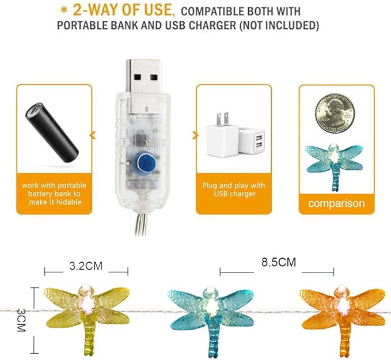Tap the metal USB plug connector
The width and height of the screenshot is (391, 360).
(x=143, y=84)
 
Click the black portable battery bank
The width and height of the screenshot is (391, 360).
(x=52, y=132)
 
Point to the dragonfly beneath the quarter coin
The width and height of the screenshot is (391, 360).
(x=333, y=164)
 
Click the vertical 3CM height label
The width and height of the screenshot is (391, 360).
(x=22, y=320)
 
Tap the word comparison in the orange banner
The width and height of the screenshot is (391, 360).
(x=336, y=203)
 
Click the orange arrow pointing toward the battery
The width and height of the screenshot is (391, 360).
(x=92, y=136)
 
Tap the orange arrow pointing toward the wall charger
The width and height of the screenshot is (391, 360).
(x=192, y=136)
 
